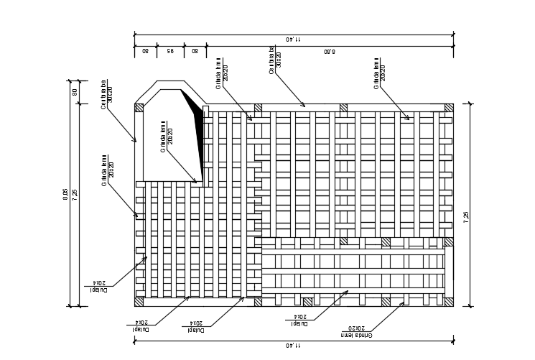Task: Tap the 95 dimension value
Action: pyautogui.click(x=170, y=51)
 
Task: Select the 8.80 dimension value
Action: pyautogui.click(x=330, y=51)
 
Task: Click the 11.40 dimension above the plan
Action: pyautogui.click(x=293, y=38)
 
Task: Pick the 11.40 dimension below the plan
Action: pyautogui.click(x=293, y=346)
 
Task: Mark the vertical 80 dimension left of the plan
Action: pyautogui.click(x=74, y=92)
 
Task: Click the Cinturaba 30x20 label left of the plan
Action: pyautogui.click(x=107, y=96)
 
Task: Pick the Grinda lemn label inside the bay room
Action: pyautogui.click(x=167, y=137)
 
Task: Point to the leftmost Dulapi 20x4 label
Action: pyautogui.click(x=98, y=286)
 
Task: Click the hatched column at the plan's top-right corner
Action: pyautogui.click(x=449, y=108)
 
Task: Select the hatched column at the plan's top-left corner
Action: pyautogui.click(x=139, y=108)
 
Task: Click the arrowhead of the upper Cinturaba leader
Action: pyautogui.click(x=304, y=106)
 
